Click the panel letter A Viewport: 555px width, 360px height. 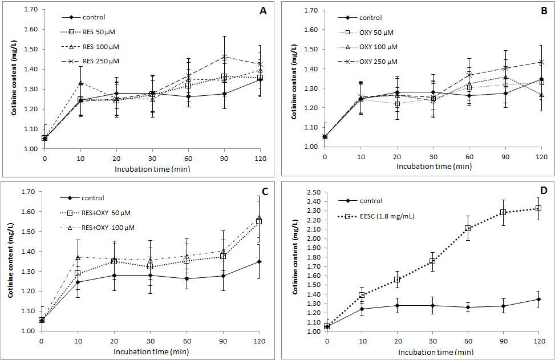[263, 11]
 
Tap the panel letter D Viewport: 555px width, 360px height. [544, 191]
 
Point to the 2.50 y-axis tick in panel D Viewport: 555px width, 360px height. [314, 192]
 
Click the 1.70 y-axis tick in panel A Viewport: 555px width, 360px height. [31, 9]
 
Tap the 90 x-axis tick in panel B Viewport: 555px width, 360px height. [505, 157]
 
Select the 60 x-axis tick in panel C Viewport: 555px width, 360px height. [187, 341]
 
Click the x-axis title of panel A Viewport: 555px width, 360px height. [152, 169]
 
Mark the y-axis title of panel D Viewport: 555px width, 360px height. [295, 256]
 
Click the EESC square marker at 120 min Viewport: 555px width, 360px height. [538, 208]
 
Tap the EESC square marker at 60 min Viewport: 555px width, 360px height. [468, 228]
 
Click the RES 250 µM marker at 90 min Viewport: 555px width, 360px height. [224, 56]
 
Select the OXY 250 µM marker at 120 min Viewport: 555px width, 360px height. [541, 62]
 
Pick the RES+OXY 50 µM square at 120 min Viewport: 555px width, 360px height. [259, 221]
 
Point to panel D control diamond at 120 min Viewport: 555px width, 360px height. [538, 299]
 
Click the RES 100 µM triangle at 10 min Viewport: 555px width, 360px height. [80, 83]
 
